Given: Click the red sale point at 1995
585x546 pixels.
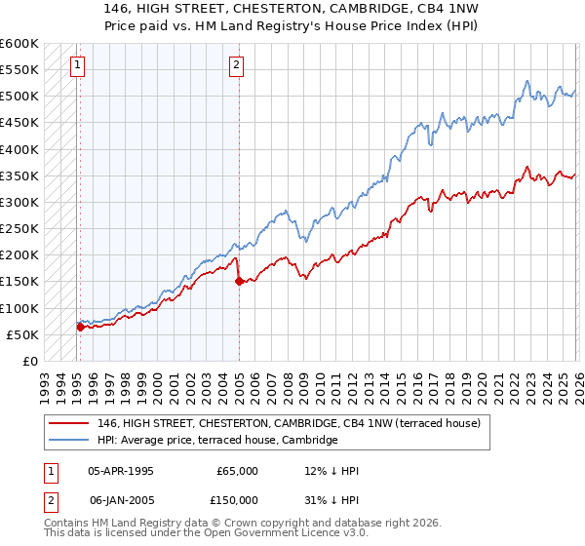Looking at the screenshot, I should (x=80, y=327).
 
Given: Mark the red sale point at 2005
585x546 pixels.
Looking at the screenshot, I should (x=239, y=282).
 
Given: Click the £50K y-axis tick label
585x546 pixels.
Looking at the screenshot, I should (x=22, y=334).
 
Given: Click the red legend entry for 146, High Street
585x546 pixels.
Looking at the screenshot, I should (x=289, y=424).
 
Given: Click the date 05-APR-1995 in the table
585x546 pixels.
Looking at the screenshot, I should (x=121, y=471).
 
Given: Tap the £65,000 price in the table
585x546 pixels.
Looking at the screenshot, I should (x=237, y=471).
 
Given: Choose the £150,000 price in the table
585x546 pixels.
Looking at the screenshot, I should (x=234, y=499).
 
